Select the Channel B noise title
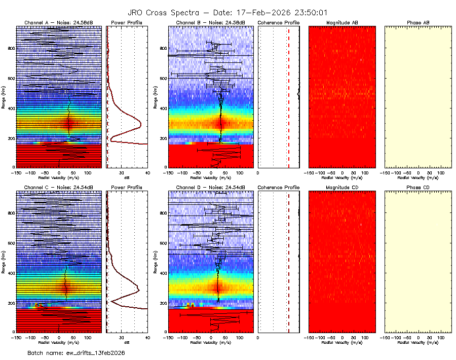[210, 23]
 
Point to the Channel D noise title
[210, 188]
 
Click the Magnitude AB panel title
[342, 23]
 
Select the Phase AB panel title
[418, 23]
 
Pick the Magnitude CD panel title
[342, 188]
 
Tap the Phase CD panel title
[418, 188]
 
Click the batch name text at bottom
[76, 352]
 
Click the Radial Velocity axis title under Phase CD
[418, 342]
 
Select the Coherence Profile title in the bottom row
[278, 188]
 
